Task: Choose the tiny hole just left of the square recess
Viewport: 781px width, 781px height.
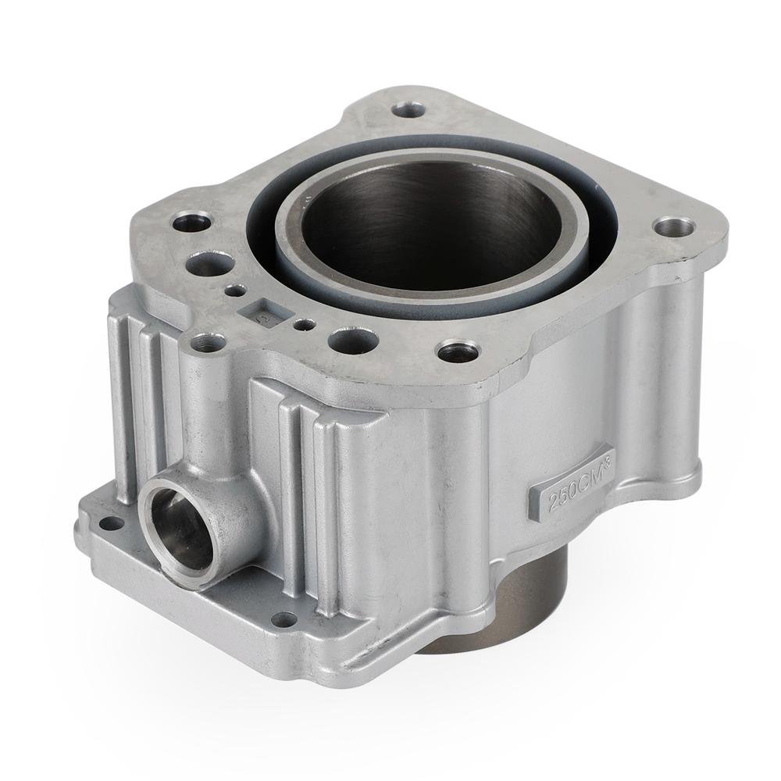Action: click(234, 291)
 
